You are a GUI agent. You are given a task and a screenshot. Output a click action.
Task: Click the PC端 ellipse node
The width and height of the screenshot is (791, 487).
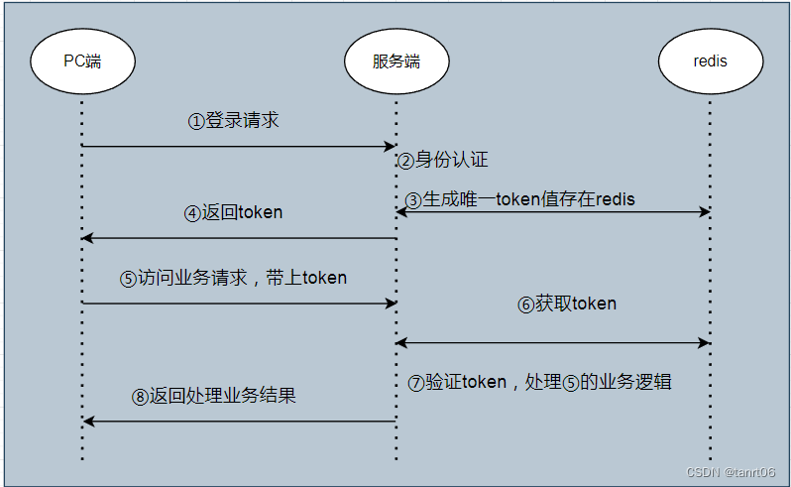point(83,61)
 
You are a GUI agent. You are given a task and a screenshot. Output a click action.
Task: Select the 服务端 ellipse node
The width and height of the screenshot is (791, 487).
point(396,61)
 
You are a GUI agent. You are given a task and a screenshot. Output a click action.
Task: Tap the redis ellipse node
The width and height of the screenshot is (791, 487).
point(710,61)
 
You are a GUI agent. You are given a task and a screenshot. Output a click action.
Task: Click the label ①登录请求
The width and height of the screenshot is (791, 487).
point(234,120)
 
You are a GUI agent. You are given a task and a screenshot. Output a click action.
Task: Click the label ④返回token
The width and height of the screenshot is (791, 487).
point(234,212)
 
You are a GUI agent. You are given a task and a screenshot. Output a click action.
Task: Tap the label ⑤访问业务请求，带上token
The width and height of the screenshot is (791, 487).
point(234,278)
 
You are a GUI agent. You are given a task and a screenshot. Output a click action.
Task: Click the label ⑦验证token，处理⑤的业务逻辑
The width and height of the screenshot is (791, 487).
point(540,382)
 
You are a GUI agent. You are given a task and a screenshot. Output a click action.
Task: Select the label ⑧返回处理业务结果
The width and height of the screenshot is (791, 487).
point(214,396)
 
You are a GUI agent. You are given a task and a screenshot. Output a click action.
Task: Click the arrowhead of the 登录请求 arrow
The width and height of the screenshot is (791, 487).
point(391,147)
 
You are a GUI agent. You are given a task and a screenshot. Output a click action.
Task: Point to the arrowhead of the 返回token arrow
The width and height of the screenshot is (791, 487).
point(88,238)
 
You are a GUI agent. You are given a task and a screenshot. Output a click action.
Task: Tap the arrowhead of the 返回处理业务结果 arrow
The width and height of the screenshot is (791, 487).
point(88,422)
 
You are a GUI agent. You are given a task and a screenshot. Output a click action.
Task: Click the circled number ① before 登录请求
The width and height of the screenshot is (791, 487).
point(196,121)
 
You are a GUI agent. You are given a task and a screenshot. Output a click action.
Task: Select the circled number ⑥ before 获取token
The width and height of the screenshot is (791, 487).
point(525,304)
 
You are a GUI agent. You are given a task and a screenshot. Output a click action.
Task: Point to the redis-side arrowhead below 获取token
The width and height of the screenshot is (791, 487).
point(705,343)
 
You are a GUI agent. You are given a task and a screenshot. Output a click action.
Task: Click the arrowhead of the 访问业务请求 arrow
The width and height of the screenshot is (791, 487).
point(391,304)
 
